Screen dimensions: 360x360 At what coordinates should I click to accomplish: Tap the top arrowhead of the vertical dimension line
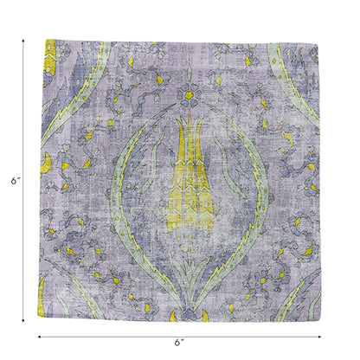[x=22, y=41]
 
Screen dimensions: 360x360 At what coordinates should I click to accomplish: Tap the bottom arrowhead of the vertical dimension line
[x=22, y=321]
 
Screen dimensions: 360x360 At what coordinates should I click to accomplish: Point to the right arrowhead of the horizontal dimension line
[x=320, y=336]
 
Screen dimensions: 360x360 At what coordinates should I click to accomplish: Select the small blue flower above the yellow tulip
[x=186, y=93]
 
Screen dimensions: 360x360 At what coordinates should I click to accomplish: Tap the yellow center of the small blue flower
[x=186, y=93]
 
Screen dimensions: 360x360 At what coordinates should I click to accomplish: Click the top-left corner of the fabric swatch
[x=42, y=40]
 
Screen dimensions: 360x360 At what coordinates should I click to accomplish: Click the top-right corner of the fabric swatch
[x=320, y=40]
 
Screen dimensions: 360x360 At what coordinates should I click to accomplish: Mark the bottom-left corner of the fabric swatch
[x=42, y=321]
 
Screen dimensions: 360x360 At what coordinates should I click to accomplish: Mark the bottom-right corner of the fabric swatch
[x=320, y=321]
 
